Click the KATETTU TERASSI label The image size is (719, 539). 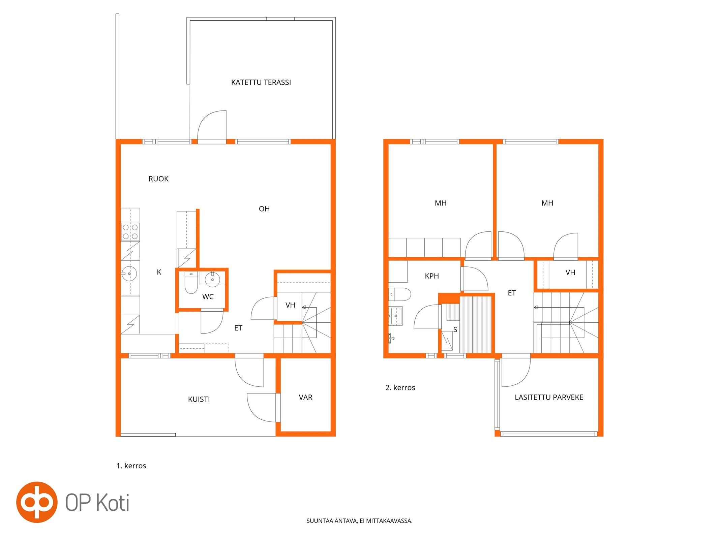click(x=261, y=83)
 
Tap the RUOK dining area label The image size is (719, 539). click(x=158, y=179)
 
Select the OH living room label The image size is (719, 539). click(x=264, y=209)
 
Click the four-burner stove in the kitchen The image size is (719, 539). click(x=130, y=232)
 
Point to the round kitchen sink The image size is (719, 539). click(x=129, y=274)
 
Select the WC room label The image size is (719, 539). click(x=208, y=297)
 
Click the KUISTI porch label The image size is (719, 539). click(x=199, y=399)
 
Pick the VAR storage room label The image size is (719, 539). click(x=305, y=398)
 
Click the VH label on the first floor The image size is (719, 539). click(x=290, y=305)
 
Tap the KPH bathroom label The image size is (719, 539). click(x=432, y=276)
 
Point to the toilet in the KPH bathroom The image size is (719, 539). click(x=400, y=294)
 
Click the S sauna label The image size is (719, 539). click(x=455, y=330)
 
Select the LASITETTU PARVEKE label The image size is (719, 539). click(x=549, y=398)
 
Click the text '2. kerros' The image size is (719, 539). click(x=400, y=388)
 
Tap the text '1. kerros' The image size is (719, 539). click(x=131, y=466)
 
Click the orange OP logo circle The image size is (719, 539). click(x=37, y=502)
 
